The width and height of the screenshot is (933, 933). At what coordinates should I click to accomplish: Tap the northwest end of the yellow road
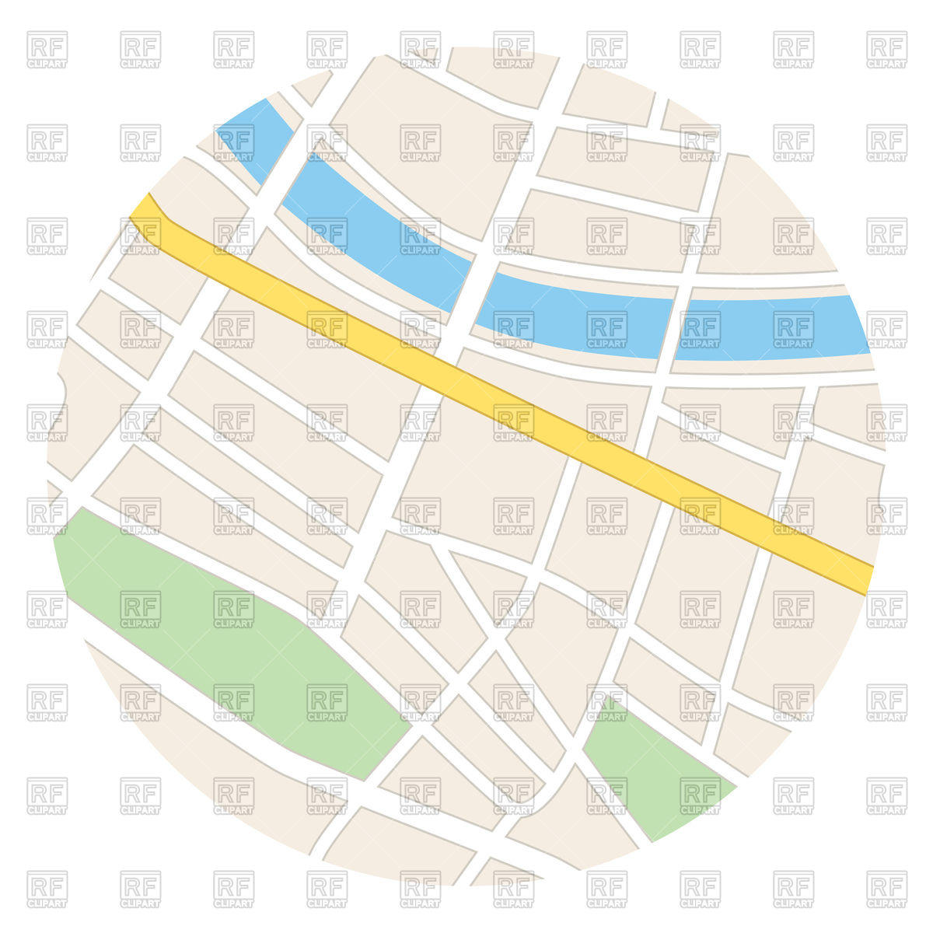(x=144, y=210)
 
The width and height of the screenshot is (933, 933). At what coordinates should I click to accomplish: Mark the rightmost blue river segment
(x=770, y=327)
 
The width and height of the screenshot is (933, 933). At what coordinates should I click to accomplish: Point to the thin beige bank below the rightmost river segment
(x=770, y=366)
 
